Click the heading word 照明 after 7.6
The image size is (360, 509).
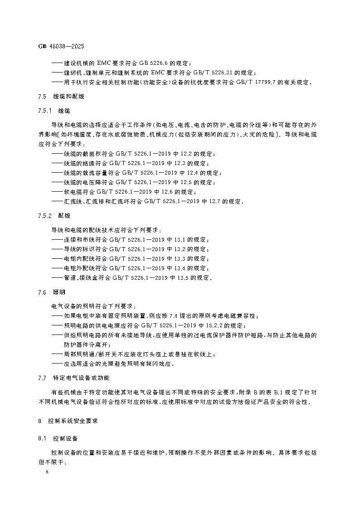[x=59, y=292]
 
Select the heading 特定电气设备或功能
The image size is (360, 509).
[x=81, y=378]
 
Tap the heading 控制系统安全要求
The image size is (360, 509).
[x=74, y=421]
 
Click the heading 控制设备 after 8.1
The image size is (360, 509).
[x=66, y=438]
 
